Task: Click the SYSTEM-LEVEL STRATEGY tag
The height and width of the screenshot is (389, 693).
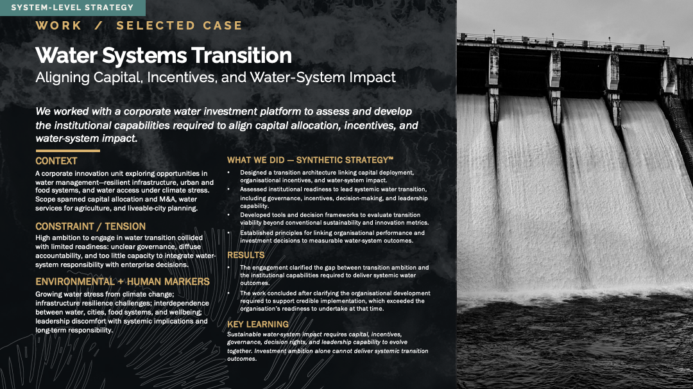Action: tap(73, 8)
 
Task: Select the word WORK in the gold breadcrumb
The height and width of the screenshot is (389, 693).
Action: tap(59, 26)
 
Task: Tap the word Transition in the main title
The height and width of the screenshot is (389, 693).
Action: tap(242, 56)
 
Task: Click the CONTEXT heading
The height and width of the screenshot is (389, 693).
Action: tap(56, 161)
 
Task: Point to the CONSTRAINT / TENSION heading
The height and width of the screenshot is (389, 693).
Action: tap(90, 227)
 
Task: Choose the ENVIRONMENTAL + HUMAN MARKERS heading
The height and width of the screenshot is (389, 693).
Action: tap(123, 282)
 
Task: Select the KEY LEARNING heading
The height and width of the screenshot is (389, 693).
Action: tap(258, 324)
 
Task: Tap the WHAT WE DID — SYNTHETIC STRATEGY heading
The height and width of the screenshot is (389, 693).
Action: tap(310, 160)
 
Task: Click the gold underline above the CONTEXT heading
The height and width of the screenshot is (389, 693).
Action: tap(67, 151)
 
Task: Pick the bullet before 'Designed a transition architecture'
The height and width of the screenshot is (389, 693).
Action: tap(228, 173)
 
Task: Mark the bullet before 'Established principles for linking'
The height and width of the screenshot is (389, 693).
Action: tap(228, 233)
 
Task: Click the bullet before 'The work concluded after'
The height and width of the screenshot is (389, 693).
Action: tap(228, 293)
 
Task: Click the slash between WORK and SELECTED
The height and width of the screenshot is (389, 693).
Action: tap(99, 26)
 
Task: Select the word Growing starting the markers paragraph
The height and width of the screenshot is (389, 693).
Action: tap(49, 295)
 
